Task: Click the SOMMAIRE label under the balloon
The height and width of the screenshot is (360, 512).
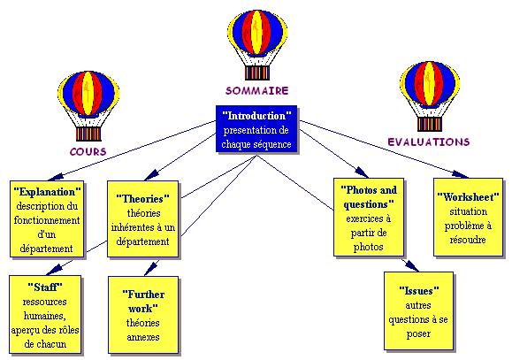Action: click(257, 90)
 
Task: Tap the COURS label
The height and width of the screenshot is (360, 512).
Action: click(88, 151)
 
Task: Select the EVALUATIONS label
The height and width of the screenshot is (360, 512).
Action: click(429, 142)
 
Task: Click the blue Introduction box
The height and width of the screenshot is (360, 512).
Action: click(256, 129)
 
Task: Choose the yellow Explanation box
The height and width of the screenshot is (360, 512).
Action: click(47, 219)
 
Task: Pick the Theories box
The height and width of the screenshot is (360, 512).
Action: click(143, 219)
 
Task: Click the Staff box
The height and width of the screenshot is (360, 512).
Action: click(45, 315)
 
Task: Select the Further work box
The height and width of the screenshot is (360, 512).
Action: click(143, 315)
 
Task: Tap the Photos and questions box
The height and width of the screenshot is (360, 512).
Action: click(369, 218)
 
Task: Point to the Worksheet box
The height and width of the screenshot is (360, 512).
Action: click(468, 218)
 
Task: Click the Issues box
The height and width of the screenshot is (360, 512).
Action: click(418, 311)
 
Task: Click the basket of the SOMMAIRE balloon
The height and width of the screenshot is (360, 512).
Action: click(257, 73)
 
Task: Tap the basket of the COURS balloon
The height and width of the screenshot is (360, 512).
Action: click(88, 134)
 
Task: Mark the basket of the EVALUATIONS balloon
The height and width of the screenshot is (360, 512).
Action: click(430, 124)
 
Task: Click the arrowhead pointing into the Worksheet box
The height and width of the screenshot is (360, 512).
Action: click(461, 174)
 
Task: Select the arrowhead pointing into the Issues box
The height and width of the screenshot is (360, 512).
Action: click(411, 265)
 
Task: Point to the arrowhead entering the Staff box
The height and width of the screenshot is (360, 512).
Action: click(55, 269)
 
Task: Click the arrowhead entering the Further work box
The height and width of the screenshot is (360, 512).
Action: click(151, 269)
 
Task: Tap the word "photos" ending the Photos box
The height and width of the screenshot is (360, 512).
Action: click(369, 247)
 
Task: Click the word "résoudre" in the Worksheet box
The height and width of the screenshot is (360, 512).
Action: click(468, 240)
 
